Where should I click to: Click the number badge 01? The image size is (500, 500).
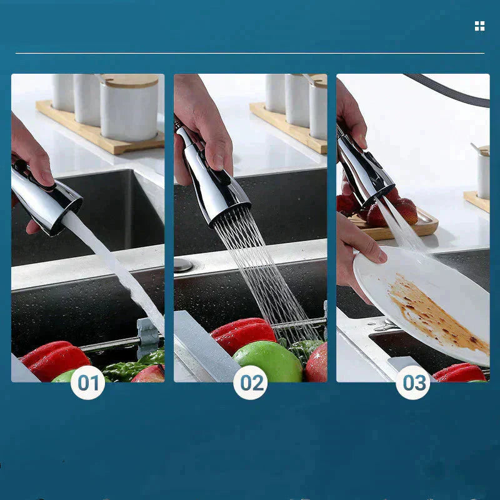[87, 382]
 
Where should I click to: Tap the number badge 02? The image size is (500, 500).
[251, 382]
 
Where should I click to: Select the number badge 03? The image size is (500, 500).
[413, 382]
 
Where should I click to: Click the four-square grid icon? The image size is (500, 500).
[479, 26]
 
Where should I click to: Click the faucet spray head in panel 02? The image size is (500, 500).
[212, 175]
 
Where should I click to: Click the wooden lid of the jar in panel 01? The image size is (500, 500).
[129, 81]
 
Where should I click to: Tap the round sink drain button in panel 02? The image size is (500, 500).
[183, 264]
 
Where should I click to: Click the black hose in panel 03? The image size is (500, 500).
[450, 87]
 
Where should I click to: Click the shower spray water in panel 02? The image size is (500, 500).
[262, 269]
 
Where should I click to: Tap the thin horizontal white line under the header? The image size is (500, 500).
[250, 54]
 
